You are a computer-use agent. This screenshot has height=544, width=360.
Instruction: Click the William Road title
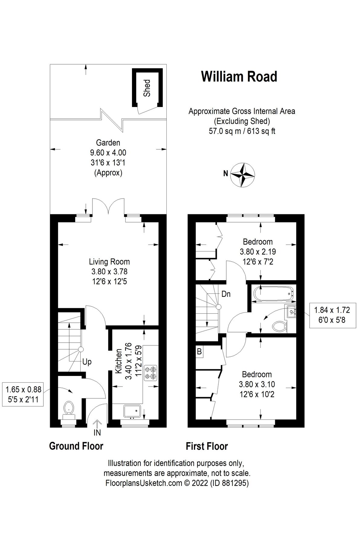pyautogui.click(x=239, y=76)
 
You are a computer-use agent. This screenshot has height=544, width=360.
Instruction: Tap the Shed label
pyautogui.click(x=147, y=88)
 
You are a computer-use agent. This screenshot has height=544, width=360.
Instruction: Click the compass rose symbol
pyautogui.click(x=243, y=174)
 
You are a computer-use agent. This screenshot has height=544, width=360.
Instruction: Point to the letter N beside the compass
pyautogui.click(x=225, y=174)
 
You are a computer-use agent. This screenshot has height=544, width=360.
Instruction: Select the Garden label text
pyautogui.click(x=108, y=142)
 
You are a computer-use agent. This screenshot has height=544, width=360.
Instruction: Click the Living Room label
pyautogui.click(x=109, y=262)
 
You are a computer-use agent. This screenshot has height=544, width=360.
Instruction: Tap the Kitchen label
pyautogui.click(x=118, y=361)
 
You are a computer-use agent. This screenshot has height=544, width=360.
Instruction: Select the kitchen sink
pyautogui.click(x=132, y=411)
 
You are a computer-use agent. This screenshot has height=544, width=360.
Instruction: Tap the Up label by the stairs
pyautogui.click(x=87, y=362)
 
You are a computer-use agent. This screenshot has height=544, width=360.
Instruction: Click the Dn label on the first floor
pyautogui.click(x=226, y=294)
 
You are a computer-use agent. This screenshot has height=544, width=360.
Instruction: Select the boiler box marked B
pyautogui.click(x=199, y=352)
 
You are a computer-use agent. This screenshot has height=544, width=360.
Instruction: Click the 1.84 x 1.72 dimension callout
pyautogui.click(x=332, y=314)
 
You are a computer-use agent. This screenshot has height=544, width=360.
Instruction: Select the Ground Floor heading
pyautogui.click(x=76, y=446)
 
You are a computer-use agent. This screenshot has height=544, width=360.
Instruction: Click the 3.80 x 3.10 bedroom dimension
pyautogui.click(x=257, y=384)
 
